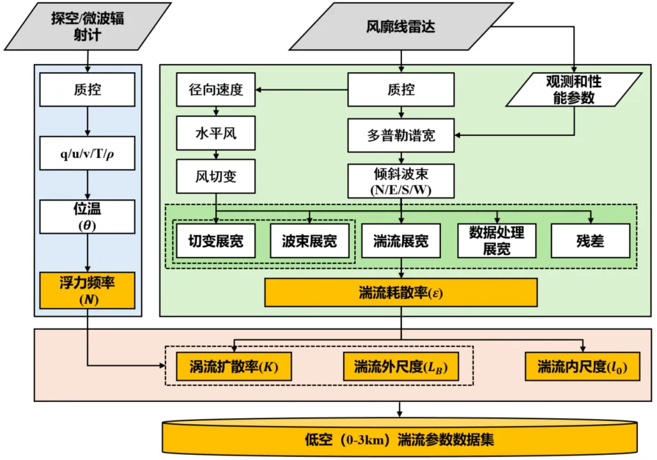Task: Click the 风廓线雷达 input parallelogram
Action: (x=401, y=27)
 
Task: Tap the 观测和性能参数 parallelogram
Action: (x=573, y=89)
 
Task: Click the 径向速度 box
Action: (x=216, y=89)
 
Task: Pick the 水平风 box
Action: (x=216, y=135)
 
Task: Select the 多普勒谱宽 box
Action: (x=401, y=135)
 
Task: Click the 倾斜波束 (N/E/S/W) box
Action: (x=401, y=181)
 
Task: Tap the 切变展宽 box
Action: (x=215, y=241)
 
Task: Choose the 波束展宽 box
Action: (x=309, y=241)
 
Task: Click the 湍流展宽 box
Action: (x=401, y=241)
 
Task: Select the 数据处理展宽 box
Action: (x=497, y=240)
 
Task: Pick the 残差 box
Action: (x=590, y=241)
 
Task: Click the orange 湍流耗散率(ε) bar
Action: (x=401, y=293)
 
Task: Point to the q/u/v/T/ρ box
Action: (x=88, y=153)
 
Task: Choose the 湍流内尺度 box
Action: (x=582, y=367)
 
